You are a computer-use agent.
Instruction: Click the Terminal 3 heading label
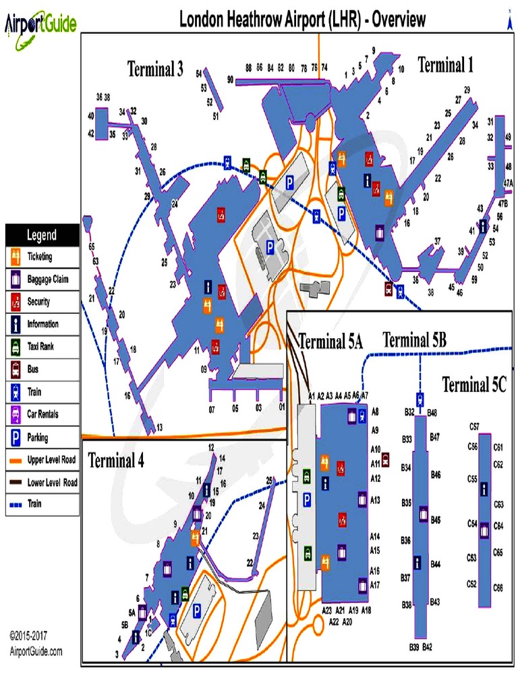[155, 69]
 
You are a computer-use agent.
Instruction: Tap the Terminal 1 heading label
[445, 65]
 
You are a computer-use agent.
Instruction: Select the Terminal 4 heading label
[116, 462]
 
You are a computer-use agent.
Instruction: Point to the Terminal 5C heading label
[473, 385]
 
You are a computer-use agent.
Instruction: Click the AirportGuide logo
[40, 24]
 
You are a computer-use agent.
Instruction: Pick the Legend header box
[42, 236]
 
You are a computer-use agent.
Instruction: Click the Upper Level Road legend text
[51, 460]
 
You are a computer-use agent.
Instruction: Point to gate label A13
[376, 500]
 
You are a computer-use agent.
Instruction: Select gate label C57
[474, 426]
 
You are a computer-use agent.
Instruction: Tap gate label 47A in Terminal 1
[508, 182]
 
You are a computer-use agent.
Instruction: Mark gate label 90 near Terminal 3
[230, 80]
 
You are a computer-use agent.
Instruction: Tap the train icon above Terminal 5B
[420, 398]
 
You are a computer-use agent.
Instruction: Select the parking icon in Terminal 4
[197, 611]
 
